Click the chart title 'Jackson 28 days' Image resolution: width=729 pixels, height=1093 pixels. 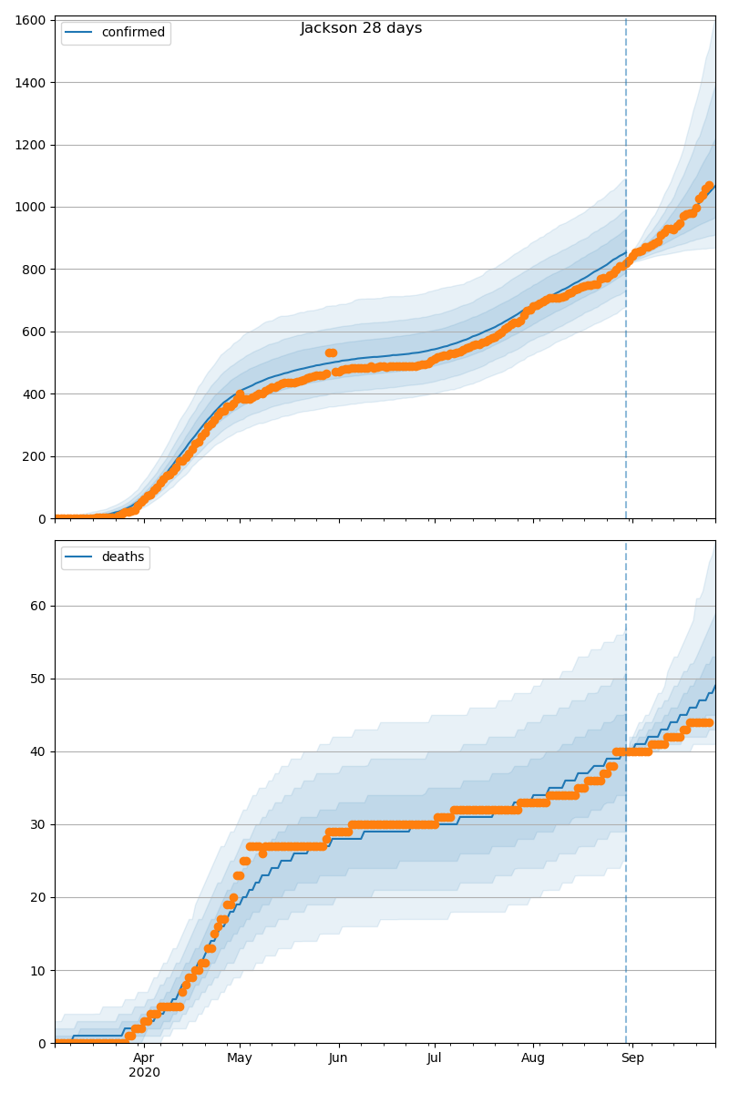[361, 28]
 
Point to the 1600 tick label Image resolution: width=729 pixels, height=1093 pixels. [30, 20]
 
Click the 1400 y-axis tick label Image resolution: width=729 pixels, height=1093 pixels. [30, 83]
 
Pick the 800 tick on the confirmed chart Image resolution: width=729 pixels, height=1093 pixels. [34, 270]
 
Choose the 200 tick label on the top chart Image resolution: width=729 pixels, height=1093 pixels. [34, 456]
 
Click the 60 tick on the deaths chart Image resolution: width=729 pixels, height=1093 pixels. [38, 606]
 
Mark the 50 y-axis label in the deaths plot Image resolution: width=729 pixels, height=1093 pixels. [38, 679]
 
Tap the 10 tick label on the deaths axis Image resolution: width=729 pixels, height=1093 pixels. [38, 971]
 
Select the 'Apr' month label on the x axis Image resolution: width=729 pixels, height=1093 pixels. [144, 1057]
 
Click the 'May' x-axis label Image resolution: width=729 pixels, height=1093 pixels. [240, 1057]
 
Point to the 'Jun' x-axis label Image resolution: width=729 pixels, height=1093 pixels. [338, 1057]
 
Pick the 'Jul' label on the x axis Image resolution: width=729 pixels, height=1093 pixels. [434, 1057]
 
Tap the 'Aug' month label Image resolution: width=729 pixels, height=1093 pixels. [533, 1057]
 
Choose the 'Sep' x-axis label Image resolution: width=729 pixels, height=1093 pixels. [632, 1057]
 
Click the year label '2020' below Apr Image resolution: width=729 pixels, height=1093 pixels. [144, 1073]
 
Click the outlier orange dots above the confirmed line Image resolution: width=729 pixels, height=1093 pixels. [331, 352]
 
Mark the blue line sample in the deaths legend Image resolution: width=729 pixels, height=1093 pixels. [78, 557]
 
